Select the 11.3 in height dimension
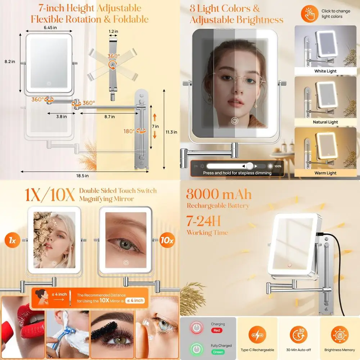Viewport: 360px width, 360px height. [x=171, y=132]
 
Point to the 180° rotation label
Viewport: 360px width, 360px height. [x=129, y=131]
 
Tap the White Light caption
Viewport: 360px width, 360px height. [x=325, y=71]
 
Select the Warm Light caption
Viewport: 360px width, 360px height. [x=325, y=173]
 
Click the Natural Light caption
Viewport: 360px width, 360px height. [x=325, y=122]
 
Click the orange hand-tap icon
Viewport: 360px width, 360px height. [x=309, y=14]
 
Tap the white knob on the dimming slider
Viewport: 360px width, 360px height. [x=249, y=166]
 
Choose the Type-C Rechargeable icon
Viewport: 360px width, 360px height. [x=257, y=336]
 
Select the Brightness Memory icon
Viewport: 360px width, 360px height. [x=340, y=336]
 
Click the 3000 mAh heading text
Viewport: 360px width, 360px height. [x=219, y=195]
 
